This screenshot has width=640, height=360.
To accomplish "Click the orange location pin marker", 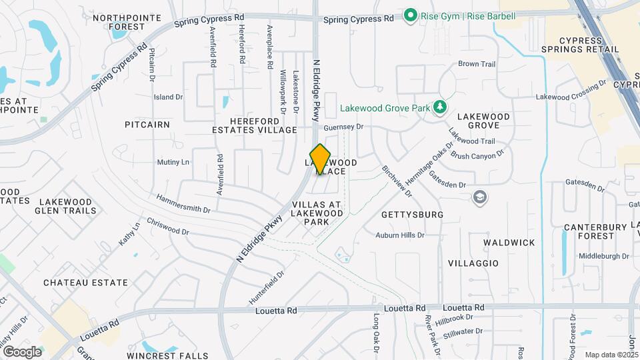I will (x=321, y=159).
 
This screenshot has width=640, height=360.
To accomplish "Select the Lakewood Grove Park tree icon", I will (x=439, y=107).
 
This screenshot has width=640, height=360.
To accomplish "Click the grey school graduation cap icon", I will (x=479, y=197).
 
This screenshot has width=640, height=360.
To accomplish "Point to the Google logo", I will (x=22, y=351).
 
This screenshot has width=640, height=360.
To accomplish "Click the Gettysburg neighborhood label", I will (x=413, y=215).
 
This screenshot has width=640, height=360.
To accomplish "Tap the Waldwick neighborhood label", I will (x=509, y=243).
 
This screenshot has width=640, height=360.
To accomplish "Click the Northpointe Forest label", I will (x=128, y=22).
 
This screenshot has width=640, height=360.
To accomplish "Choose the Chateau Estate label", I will (x=85, y=283).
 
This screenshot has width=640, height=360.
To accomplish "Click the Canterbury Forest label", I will (x=595, y=231).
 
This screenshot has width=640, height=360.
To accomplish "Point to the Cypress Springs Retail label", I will (x=590, y=45).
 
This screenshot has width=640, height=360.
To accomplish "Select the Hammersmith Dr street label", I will (x=183, y=204).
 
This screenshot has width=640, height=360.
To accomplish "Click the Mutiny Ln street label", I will (x=173, y=162).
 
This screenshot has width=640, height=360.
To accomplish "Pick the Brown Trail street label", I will (x=477, y=64).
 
